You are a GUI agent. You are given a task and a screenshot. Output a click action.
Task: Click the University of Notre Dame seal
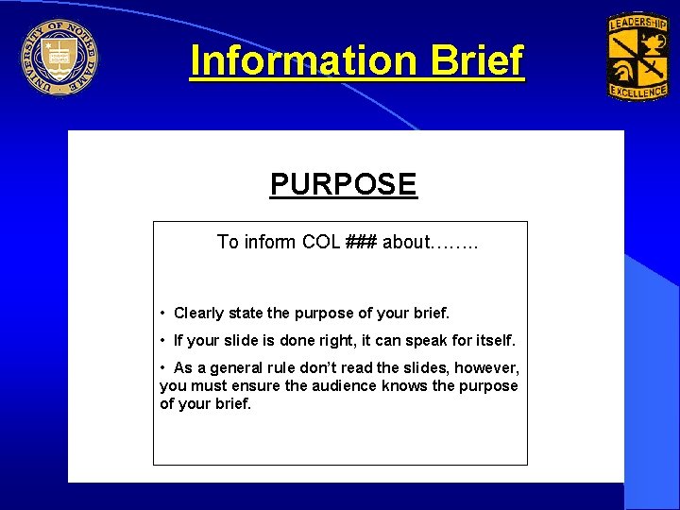click(x=59, y=57)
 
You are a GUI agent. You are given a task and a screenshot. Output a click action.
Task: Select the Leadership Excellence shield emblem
click(x=637, y=57)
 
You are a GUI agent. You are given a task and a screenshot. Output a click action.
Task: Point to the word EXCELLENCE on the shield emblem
click(x=637, y=91)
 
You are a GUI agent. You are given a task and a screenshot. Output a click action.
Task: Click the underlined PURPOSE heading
click(x=343, y=183)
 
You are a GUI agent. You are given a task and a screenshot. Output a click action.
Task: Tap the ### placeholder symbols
click(x=361, y=242)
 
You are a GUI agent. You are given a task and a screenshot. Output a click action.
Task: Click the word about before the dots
click(x=406, y=242)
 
